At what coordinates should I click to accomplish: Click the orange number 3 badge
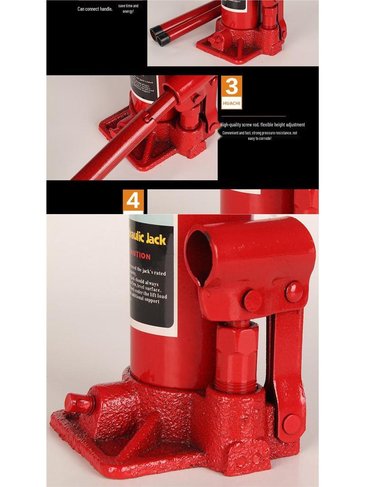tap(231, 87)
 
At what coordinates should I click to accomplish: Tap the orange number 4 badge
tap(133, 201)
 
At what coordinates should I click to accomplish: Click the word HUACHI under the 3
tap(231, 103)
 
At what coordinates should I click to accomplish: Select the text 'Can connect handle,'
tap(95, 9)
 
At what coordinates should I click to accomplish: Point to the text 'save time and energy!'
tap(128, 9)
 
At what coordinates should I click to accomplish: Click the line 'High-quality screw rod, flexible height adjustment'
tap(262, 125)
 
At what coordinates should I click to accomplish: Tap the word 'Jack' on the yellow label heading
tap(156, 239)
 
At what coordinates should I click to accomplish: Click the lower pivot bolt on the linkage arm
tap(291, 423)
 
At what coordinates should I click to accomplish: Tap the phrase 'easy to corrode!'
tap(259, 138)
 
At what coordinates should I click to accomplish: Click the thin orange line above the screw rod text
tap(253, 116)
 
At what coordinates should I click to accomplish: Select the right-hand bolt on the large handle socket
tap(294, 292)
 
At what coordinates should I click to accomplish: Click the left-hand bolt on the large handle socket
tap(252, 300)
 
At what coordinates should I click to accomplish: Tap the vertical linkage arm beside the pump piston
tap(284, 361)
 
